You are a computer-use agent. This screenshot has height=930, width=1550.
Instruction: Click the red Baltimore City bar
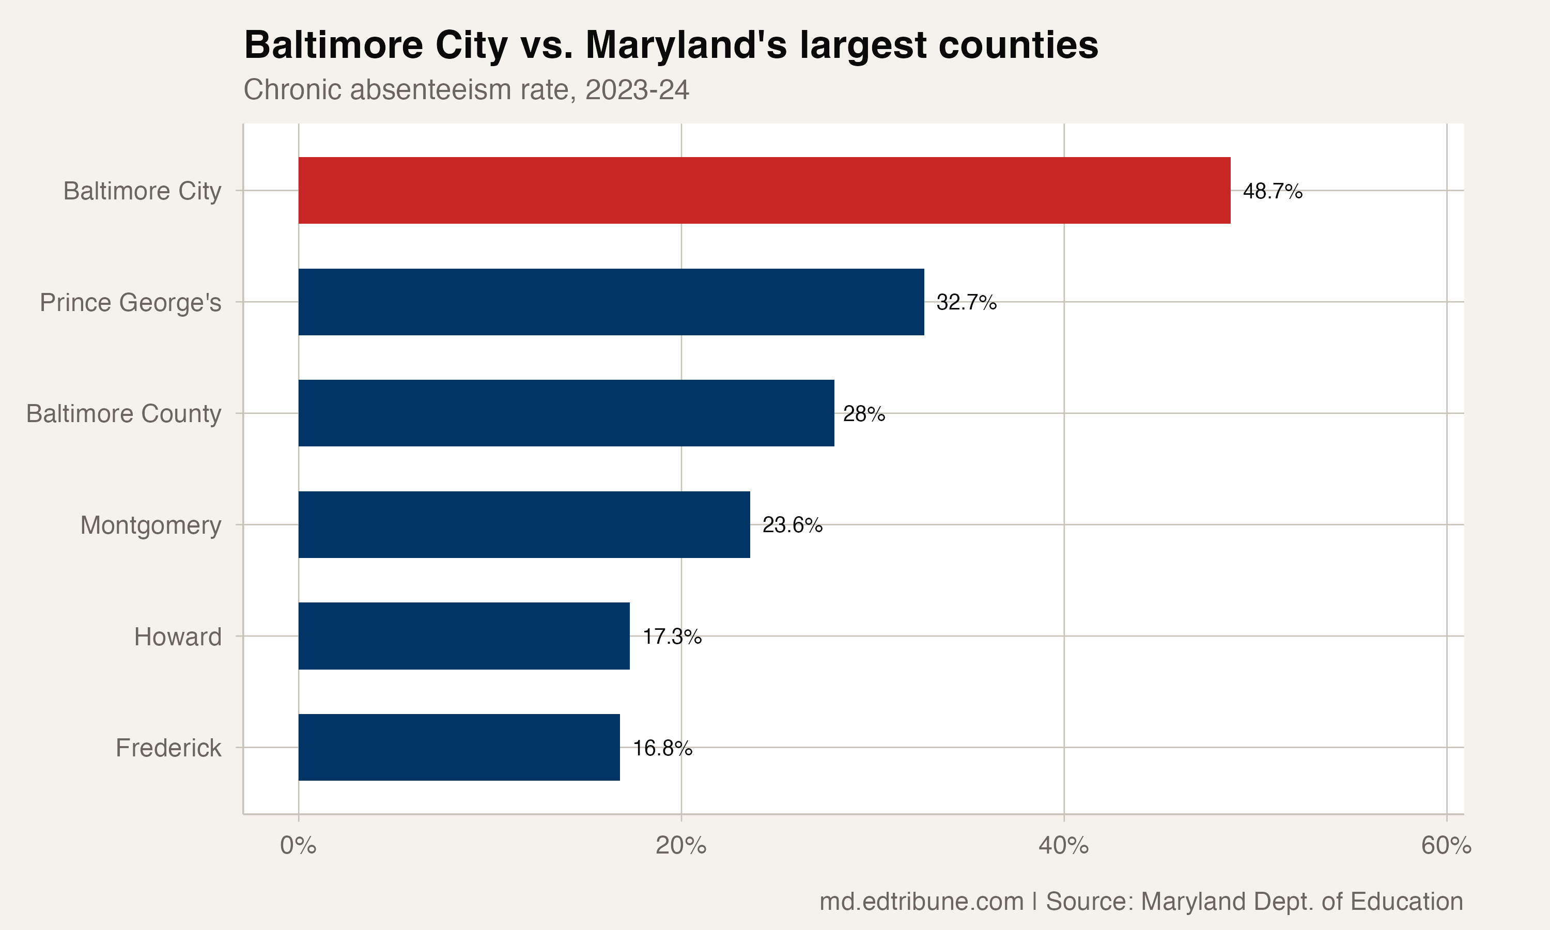pyautogui.click(x=764, y=191)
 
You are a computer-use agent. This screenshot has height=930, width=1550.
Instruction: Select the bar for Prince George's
pyautogui.click(x=611, y=302)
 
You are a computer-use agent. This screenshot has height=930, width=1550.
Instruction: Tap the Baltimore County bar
pyautogui.click(x=566, y=413)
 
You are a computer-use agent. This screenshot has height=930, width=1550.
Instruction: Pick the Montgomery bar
pyautogui.click(x=524, y=524)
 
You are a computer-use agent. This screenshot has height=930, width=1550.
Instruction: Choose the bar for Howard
pyautogui.click(x=463, y=636)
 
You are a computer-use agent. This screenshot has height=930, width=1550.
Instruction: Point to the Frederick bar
pyautogui.click(x=459, y=747)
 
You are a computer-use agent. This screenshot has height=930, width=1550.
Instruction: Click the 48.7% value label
pyautogui.click(x=1273, y=191)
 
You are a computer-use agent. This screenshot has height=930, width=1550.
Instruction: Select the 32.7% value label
pyautogui.click(x=966, y=303)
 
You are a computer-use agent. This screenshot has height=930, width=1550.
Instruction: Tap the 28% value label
pyautogui.click(x=864, y=414)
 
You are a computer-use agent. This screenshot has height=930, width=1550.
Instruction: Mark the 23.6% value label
pyautogui.click(x=792, y=525)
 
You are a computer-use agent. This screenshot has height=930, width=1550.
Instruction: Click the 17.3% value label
pyautogui.click(x=672, y=637)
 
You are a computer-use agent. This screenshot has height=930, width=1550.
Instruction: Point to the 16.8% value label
pyautogui.click(x=662, y=748)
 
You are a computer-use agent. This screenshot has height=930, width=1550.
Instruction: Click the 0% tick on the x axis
pyautogui.click(x=298, y=845)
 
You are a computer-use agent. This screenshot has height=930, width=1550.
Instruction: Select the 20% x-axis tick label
pyautogui.click(x=681, y=845)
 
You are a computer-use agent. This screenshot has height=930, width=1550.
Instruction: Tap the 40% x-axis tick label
pyautogui.click(x=1063, y=845)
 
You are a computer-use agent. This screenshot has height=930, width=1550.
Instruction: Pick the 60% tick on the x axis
pyautogui.click(x=1446, y=845)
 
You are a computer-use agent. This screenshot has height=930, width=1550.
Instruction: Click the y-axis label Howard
pyautogui.click(x=178, y=637)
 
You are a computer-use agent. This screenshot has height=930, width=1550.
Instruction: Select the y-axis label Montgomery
pyautogui.click(x=151, y=525)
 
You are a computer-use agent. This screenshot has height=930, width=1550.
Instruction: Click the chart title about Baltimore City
pyautogui.click(x=671, y=45)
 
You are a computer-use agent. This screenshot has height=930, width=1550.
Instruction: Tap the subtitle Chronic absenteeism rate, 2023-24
pyautogui.click(x=466, y=89)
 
